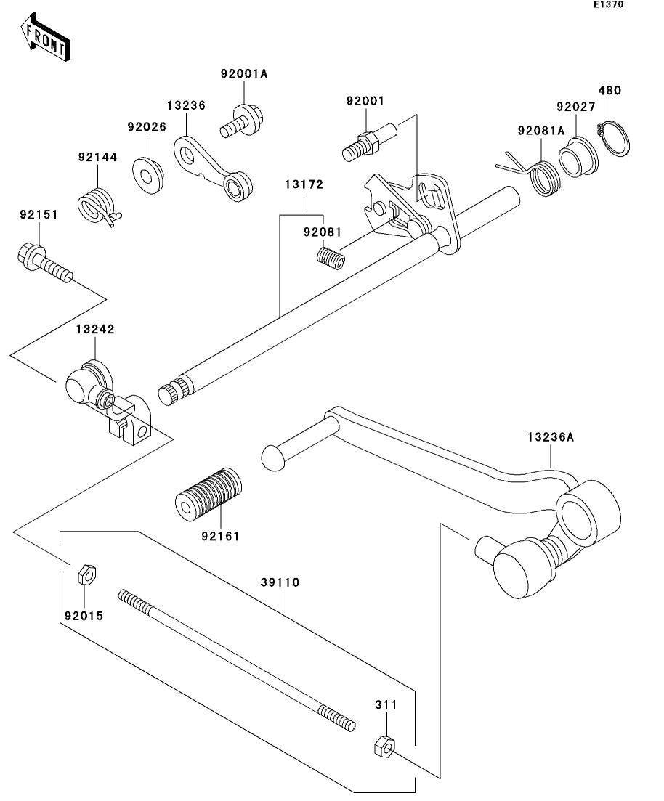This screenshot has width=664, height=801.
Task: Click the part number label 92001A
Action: [244, 73]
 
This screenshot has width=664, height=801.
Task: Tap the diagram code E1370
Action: [608, 4]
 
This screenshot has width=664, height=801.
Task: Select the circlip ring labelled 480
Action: [614, 137]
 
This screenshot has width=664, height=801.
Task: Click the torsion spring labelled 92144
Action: [99, 206]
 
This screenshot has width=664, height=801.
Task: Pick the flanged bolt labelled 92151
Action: [44, 263]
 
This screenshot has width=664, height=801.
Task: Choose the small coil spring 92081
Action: [331, 258]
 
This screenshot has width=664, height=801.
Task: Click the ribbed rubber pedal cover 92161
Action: [208, 495]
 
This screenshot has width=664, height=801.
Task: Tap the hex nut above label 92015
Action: [87, 574]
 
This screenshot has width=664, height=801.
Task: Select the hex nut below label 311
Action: [384, 746]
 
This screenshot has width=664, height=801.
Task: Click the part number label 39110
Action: [280, 582]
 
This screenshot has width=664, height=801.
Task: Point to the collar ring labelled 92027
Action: [578, 157]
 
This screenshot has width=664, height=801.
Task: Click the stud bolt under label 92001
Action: [369, 142]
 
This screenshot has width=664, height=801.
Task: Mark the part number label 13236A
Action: [551, 437]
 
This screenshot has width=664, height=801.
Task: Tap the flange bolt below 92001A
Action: [241, 121]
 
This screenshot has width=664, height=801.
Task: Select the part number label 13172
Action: [304, 184]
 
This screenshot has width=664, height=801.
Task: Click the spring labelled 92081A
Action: [529, 175]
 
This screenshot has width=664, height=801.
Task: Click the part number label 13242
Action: [95, 330]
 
